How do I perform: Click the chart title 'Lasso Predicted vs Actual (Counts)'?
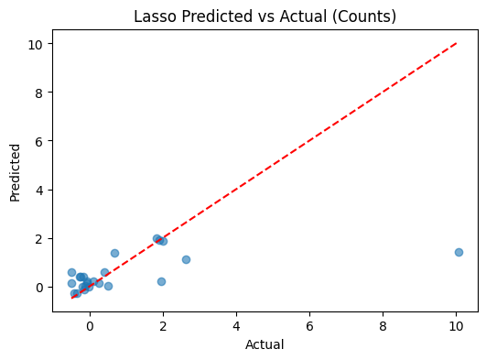pos(265,16)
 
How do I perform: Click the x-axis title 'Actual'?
pos(265,344)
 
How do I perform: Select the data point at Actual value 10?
pos(459,252)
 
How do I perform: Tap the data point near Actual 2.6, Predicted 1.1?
pos(186,259)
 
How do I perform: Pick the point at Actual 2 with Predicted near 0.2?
pos(161,281)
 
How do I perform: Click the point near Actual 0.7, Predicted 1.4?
pos(114,253)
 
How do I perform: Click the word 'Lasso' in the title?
pos(153,16)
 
